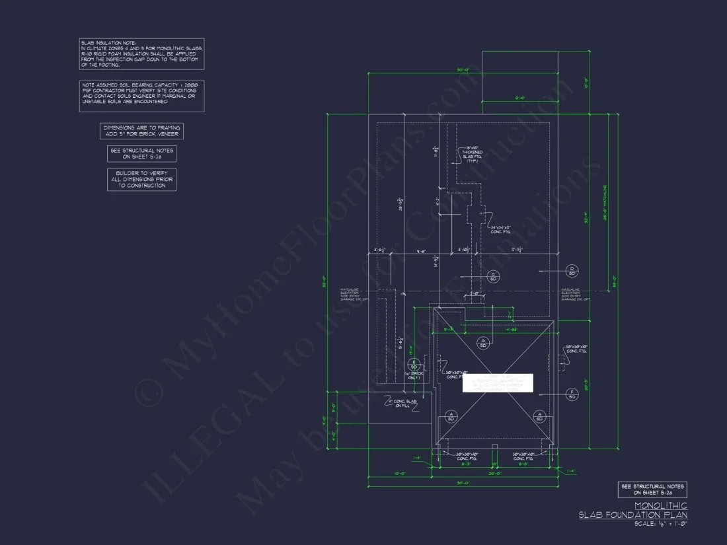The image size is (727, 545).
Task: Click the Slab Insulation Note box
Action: [x=141, y=54]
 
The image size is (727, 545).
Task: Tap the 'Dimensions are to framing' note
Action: [x=141, y=131]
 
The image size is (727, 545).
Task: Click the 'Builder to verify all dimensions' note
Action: [x=141, y=179]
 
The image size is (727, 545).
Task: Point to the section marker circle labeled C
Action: [x=492, y=275]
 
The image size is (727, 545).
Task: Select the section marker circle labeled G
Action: [x=482, y=342]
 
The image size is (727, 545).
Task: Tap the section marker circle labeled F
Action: [x=572, y=395]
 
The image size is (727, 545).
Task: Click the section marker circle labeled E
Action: [x=414, y=364]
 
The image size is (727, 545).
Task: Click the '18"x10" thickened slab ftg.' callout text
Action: [x=473, y=155]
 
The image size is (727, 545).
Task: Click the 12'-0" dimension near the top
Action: [x=519, y=98]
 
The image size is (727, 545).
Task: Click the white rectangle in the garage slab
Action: [x=497, y=383]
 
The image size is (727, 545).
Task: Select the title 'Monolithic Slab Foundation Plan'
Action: [x=633, y=510]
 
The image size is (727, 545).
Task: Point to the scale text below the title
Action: [x=661, y=524]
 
